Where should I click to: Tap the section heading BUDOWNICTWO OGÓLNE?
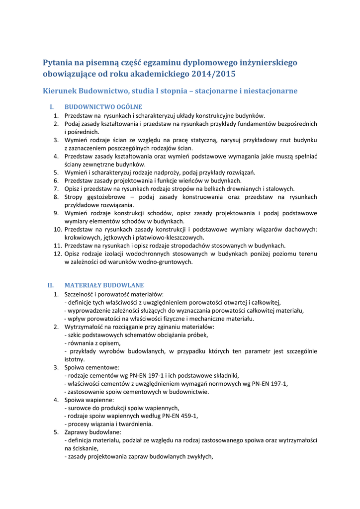coord(103,107)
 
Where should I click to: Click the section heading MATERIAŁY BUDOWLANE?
coord(104,285)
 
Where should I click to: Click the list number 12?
coord(56,254)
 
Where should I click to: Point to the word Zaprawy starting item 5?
coord(77,432)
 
